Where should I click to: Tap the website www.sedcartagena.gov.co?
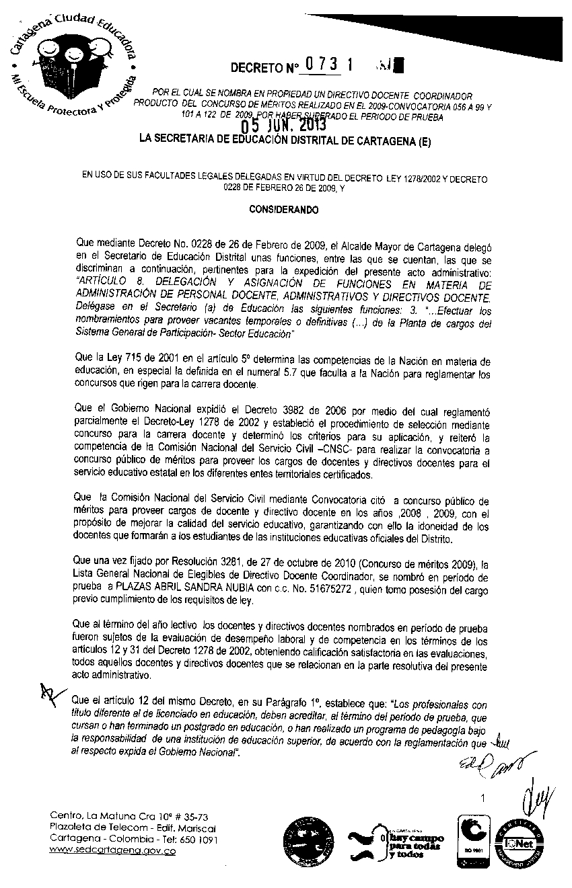click(x=113, y=851)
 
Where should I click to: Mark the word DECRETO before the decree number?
click(x=254, y=68)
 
